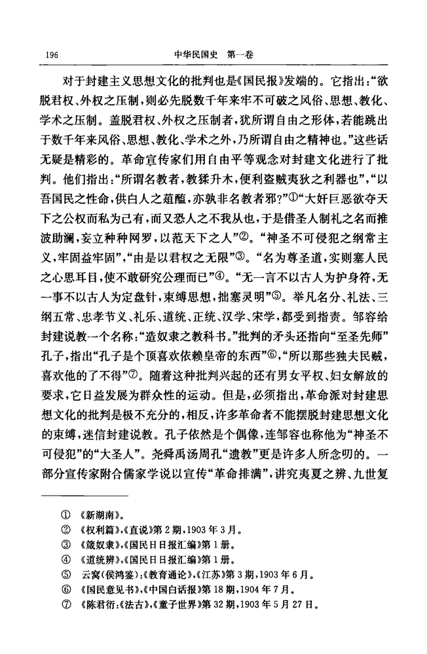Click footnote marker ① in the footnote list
coord(64,505)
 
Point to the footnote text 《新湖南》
coord(99,505)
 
